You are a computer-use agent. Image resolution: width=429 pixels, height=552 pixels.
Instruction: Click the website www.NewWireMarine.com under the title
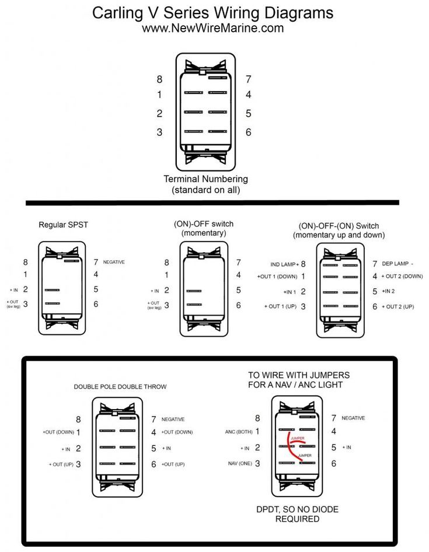pyautogui.click(x=213, y=27)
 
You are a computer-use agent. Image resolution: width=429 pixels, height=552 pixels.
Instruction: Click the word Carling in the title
pyautogui.click(x=119, y=12)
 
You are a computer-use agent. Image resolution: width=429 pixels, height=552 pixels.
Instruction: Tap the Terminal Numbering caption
pyautogui.click(x=205, y=179)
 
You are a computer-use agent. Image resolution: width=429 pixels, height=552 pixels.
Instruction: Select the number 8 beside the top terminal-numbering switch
pyautogui.click(x=159, y=79)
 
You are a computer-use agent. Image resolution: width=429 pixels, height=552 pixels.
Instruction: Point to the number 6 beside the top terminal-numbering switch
pyautogui.click(x=248, y=132)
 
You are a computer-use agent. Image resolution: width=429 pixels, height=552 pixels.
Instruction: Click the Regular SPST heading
pyautogui.click(x=64, y=224)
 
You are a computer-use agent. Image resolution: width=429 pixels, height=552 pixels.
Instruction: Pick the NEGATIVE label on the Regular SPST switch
pyautogui.click(x=114, y=263)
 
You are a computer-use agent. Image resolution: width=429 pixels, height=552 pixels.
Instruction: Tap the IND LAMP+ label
pyautogui.click(x=284, y=264)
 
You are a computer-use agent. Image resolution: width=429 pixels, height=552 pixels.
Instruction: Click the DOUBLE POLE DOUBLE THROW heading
pyautogui.click(x=120, y=387)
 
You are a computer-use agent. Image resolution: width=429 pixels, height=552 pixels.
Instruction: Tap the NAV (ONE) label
pyautogui.click(x=239, y=463)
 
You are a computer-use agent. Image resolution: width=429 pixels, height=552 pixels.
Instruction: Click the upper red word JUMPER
pyautogui.click(x=297, y=437)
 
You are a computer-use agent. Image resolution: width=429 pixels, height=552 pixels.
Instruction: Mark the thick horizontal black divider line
pyautogui.click(x=212, y=203)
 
